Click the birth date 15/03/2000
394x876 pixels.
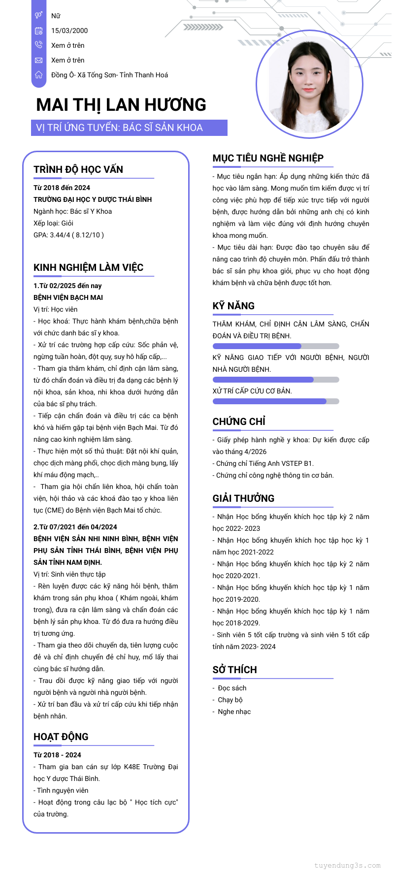coord(69,31)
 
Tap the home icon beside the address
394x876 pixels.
coord(39,75)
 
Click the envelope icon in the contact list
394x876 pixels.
coord(39,60)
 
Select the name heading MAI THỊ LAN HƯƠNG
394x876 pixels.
coord(121,105)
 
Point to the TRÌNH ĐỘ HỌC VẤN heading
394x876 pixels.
coord(78,169)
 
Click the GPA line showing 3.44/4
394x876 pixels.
coord(68,235)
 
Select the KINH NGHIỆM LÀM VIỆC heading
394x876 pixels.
coord(88,267)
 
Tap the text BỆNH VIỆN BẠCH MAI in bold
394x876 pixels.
coord(68,297)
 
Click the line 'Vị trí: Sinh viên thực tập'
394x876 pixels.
coord(69,574)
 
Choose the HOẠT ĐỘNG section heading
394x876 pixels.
coord(61,737)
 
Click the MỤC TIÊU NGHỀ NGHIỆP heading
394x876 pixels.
coord(268,158)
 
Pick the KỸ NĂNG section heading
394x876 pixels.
coord(233,306)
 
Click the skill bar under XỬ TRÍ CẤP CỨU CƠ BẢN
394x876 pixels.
coord(276,401)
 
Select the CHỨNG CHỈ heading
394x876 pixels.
coord(239,422)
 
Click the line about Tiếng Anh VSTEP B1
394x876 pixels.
coord(263,463)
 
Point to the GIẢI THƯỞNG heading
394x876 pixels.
coord(243,498)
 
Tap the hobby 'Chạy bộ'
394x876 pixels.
coord(230,700)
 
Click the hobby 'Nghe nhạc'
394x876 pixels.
coord(234,712)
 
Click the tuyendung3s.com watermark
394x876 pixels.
coord(347,865)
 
